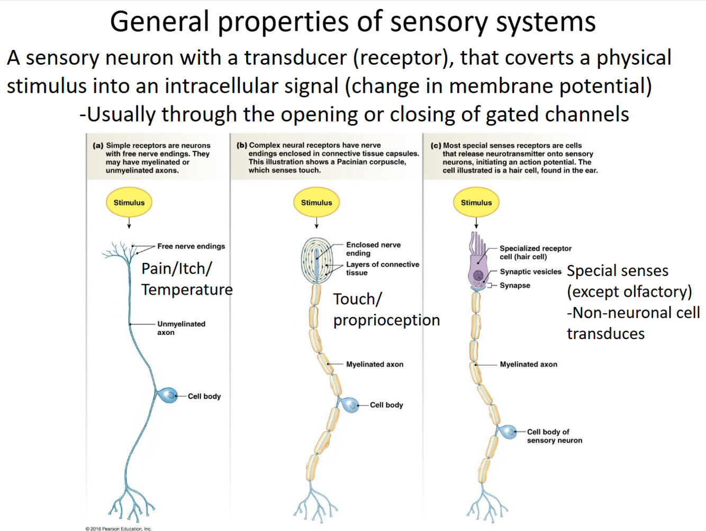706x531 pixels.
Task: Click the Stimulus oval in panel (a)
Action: point(129,202)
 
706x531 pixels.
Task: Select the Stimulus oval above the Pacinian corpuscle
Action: point(316,202)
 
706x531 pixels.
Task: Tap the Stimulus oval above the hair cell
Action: point(476,202)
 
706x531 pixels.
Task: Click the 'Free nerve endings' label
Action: point(191,246)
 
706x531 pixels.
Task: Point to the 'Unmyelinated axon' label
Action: point(181,328)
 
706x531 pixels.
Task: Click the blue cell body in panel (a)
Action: point(169,395)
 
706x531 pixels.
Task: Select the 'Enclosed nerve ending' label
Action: point(373,249)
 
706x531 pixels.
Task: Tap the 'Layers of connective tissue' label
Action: point(382,268)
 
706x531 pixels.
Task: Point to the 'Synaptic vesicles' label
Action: point(530,272)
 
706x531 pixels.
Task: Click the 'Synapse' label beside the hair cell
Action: point(515,286)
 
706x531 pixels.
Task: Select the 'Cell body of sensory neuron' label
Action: point(554,436)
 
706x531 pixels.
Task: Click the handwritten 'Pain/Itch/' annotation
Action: point(177,269)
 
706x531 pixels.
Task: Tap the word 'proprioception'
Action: point(386,320)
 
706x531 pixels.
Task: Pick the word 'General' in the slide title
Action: point(159,22)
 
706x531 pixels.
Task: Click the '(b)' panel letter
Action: point(242,145)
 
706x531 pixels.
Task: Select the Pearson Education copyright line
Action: point(119,528)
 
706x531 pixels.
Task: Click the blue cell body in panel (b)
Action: point(350,404)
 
